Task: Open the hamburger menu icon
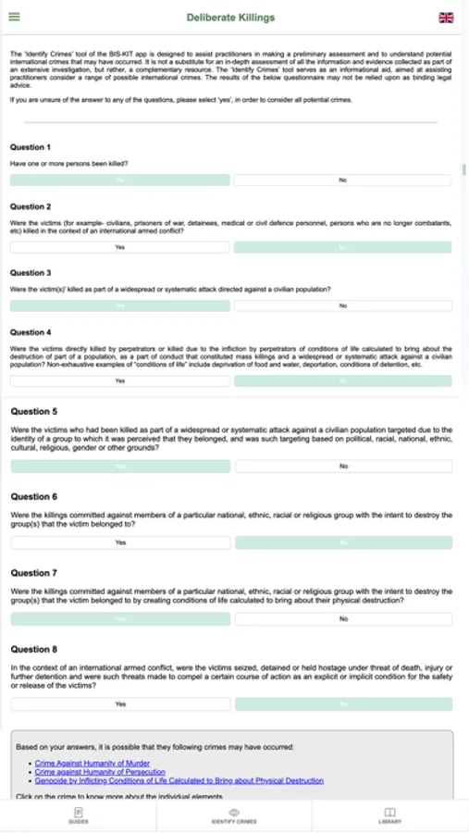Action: [x=14, y=17]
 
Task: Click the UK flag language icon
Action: [x=446, y=17]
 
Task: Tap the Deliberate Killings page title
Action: [x=230, y=17]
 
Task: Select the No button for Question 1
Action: [x=342, y=180]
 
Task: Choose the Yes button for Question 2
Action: [x=119, y=247]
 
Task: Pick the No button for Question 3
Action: [x=342, y=305]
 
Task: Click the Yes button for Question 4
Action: [x=119, y=380]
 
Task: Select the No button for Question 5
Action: [x=343, y=466]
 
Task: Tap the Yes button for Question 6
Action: [x=120, y=542]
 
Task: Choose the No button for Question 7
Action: [x=343, y=618]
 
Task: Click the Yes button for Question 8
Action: [x=120, y=704]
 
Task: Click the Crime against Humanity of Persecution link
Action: [x=100, y=771]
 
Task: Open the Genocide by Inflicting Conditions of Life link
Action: [x=179, y=780]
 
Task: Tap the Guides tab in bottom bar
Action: [x=78, y=814]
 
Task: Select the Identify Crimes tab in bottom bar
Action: [x=234, y=814]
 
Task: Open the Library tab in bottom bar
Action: [x=389, y=814]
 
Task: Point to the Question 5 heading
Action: [x=33, y=412]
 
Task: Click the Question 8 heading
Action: [x=33, y=650]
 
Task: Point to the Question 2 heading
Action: [x=31, y=206]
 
